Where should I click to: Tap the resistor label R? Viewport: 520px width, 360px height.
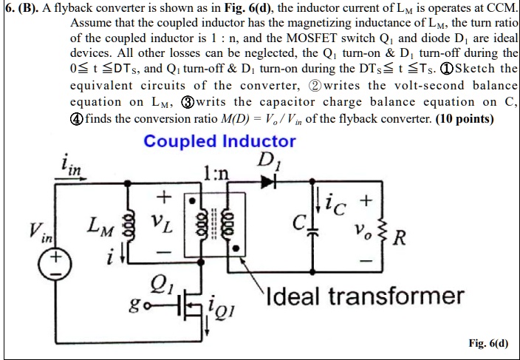[397, 240]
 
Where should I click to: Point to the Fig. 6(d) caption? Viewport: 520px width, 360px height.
[488, 344]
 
